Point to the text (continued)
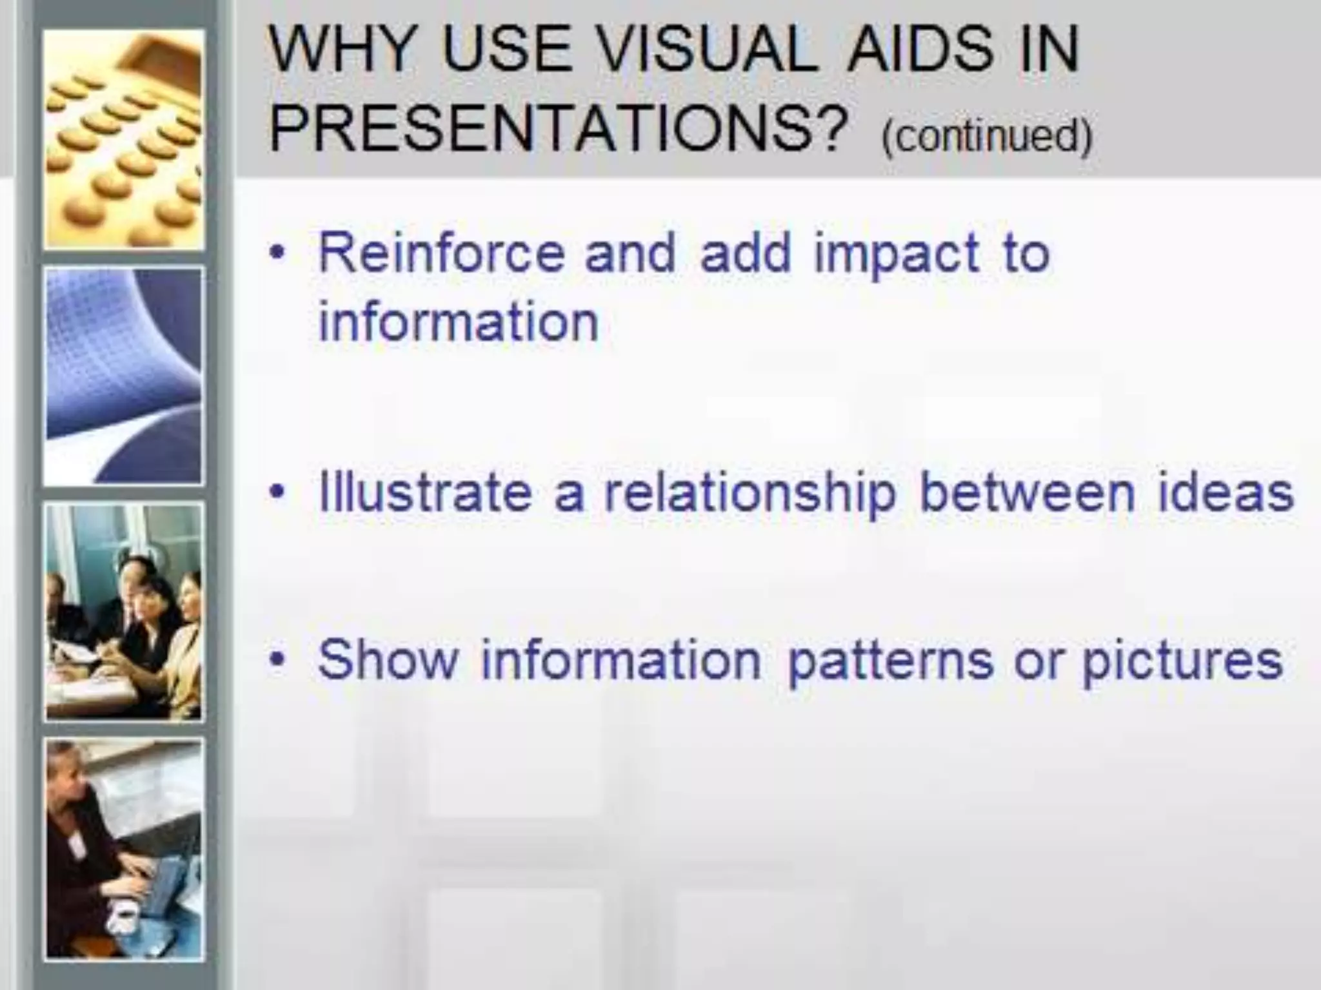click(x=987, y=136)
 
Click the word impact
click(x=897, y=255)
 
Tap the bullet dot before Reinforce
click(x=277, y=253)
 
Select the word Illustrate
click(x=426, y=493)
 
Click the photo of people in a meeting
click(x=124, y=612)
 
